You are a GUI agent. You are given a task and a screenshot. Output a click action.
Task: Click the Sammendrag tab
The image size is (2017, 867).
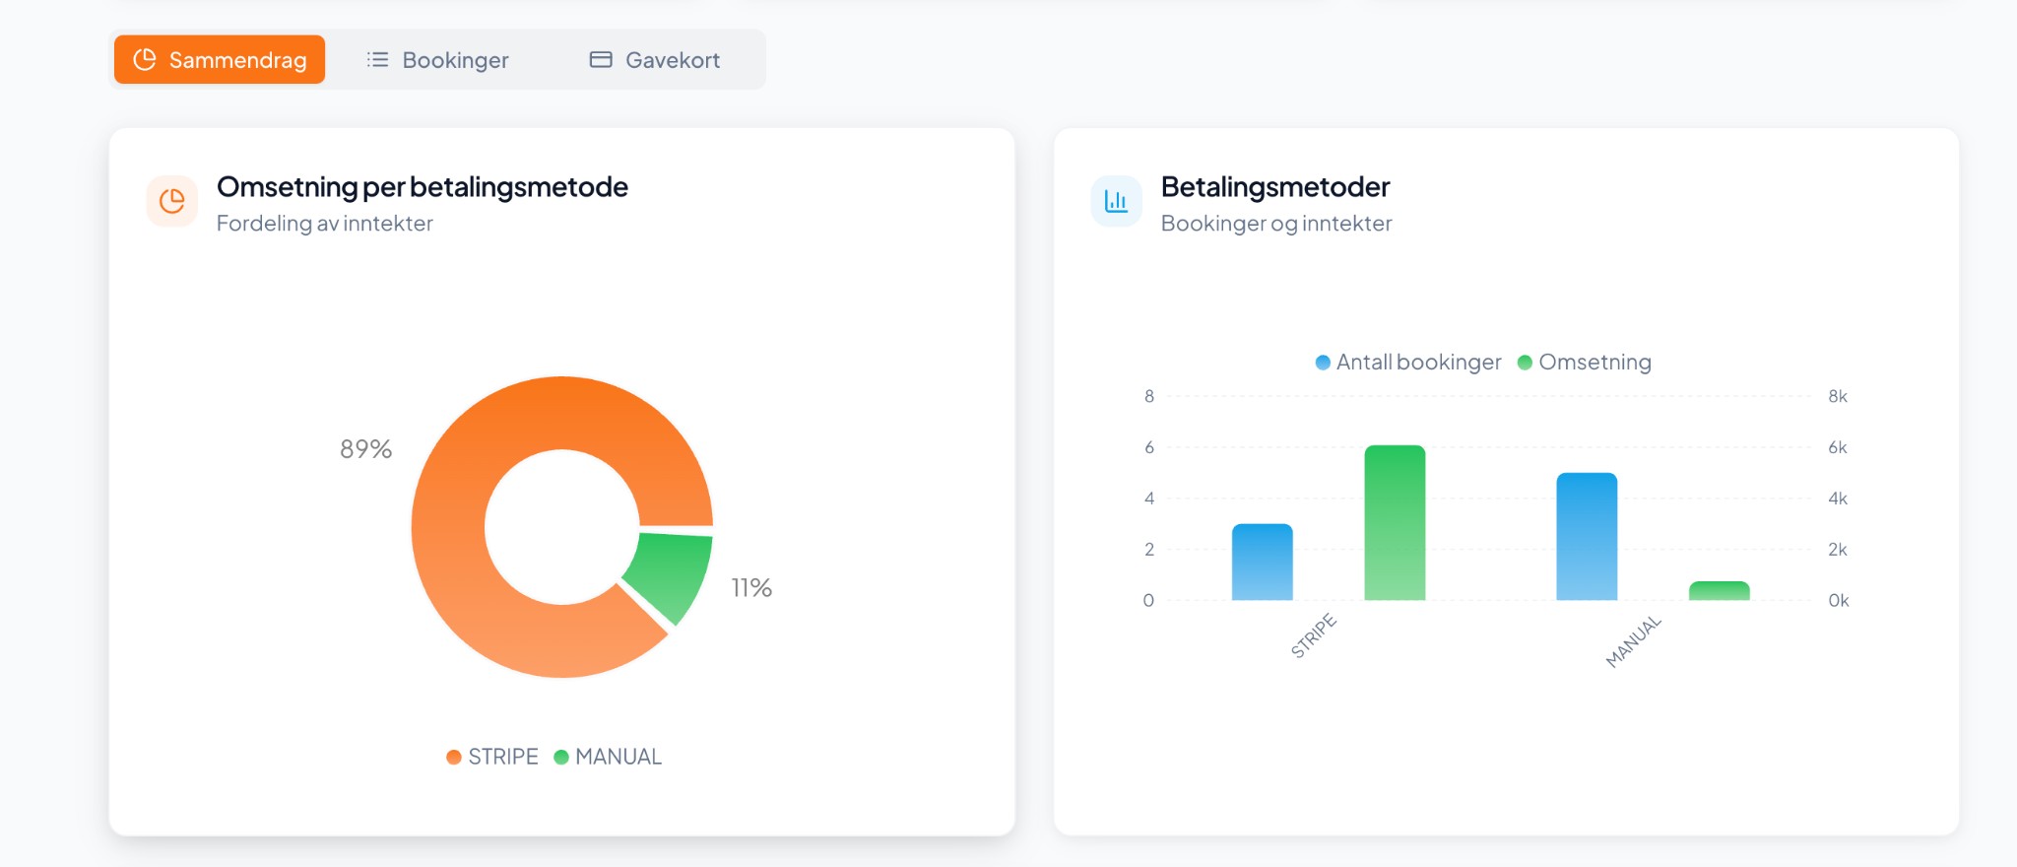click(x=220, y=60)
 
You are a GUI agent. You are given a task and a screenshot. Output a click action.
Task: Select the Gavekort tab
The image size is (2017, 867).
click(x=655, y=60)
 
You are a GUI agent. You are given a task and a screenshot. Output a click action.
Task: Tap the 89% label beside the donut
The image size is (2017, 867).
click(x=365, y=449)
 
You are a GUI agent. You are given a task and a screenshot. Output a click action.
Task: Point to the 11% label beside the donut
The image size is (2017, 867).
click(x=751, y=588)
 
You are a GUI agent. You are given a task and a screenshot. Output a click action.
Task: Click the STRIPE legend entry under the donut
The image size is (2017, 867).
click(x=492, y=757)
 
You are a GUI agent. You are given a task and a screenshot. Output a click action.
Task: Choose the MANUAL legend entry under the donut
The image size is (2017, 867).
click(x=608, y=757)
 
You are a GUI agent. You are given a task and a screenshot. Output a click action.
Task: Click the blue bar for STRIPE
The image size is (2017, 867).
click(x=1262, y=563)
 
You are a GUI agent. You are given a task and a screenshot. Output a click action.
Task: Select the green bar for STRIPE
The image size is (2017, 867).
click(x=1395, y=523)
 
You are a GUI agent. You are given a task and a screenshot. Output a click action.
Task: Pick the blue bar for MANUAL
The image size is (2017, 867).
click(x=1587, y=537)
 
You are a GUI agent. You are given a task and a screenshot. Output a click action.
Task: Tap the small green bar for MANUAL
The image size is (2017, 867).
click(x=1719, y=591)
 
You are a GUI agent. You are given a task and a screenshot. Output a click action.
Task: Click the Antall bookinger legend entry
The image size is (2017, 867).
click(x=1408, y=363)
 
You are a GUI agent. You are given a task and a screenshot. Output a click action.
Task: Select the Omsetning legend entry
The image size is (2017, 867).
click(x=1585, y=363)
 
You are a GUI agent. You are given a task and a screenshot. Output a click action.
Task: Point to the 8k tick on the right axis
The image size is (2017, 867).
click(x=1838, y=396)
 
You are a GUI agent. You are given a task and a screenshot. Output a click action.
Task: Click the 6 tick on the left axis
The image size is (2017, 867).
click(x=1149, y=447)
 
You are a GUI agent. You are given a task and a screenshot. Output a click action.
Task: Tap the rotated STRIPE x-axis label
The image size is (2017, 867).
click(x=1314, y=635)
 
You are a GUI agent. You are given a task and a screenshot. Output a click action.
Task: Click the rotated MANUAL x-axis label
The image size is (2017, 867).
click(x=1634, y=641)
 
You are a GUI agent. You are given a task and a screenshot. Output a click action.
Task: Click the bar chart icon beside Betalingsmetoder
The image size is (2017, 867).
click(x=1116, y=201)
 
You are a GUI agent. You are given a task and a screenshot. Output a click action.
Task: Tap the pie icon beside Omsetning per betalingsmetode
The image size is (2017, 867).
click(x=172, y=201)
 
